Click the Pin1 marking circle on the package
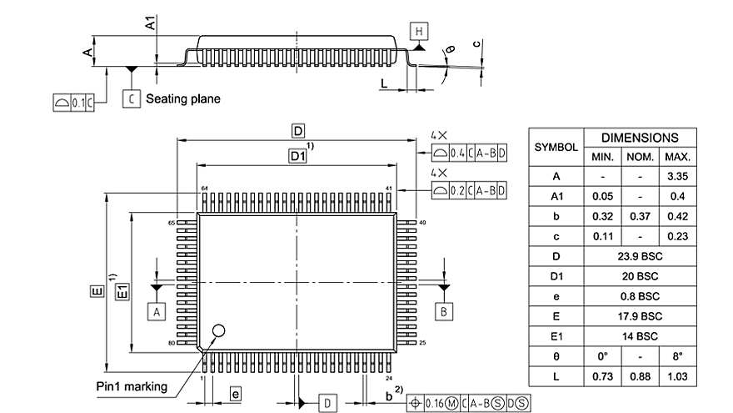pyautogui.click(x=219, y=330)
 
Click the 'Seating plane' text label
pyautogui.click(x=183, y=98)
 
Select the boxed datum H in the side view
pyautogui.click(x=419, y=32)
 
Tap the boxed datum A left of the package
pyautogui.click(x=156, y=311)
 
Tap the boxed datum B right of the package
pyautogui.click(x=444, y=311)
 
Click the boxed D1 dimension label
pyautogui.click(x=297, y=155)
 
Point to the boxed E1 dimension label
pyautogui.click(x=121, y=291)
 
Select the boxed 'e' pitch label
pyautogui.click(x=236, y=393)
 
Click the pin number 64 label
pyautogui.click(x=203, y=189)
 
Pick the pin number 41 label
pyautogui.click(x=389, y=189)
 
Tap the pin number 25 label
pyautogui.click(x=422, y=343)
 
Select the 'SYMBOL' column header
pyautogui.click(x=556, y=147)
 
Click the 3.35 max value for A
pyautogui.click(x=676, y=176)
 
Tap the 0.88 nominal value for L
pyautogui.click(x=639, y=376)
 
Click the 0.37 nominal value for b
pyautogui.click(x=639, y=216)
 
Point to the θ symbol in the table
pyautogui.click(x=556, y=356)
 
